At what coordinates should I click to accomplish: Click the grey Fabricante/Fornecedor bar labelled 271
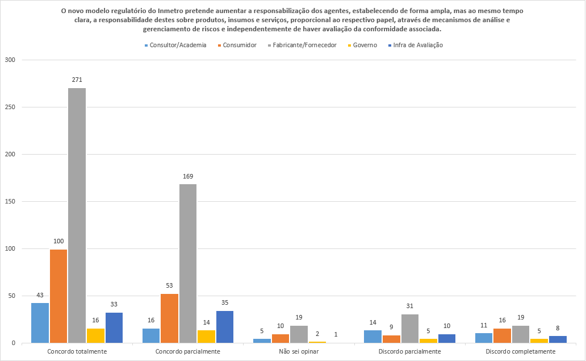coord(77,215)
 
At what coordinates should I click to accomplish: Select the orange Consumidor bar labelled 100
coord(58,296)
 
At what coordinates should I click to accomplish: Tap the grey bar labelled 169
coord(188,264)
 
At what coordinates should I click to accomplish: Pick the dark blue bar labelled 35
coord(225,327)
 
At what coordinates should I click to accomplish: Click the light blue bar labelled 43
coord(40,323)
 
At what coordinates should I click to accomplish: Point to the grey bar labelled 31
coord(410,329)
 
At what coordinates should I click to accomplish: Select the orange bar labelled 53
coord(169,318)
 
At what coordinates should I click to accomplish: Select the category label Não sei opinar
coord(299,352)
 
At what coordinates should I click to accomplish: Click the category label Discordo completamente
coord(521,352)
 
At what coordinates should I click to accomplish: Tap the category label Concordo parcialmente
coord(188,352)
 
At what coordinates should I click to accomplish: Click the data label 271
coord(77,80)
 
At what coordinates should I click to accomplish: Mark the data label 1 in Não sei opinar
coord(336,335)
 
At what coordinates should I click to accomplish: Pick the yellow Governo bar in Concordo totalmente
coord(95,335)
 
